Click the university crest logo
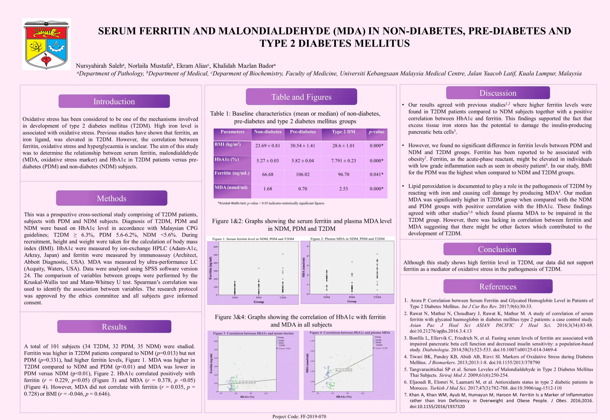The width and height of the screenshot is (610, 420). tap(46, 44)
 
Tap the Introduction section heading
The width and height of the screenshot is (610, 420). tap(114, 101)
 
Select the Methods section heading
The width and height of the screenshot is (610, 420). tap(112, 198)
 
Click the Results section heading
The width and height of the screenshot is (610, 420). tap(114, 327)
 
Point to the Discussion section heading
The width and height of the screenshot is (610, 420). tap(498, 93)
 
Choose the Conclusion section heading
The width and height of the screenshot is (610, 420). tap(497, 249)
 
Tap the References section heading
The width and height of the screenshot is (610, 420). tap(498, 286)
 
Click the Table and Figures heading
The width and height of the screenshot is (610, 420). tap(301, 97)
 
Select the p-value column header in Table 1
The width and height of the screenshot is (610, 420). tap(376, 132)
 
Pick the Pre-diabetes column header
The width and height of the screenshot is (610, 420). tap(303, 132)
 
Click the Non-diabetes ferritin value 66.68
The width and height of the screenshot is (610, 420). tap(268, 174)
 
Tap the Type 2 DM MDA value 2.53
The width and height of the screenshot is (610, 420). tap(343, 189)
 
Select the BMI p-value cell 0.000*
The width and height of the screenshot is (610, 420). tap(376, 146)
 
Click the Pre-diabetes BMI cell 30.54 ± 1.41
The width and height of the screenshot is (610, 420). tap(303, 146)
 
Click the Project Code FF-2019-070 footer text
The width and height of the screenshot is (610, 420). tap(299, 417)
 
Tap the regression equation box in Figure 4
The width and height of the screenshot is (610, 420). tap(344, 370)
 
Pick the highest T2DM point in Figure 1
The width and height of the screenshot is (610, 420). tap(283, 254)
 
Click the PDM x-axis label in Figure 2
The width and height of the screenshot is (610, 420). tap(352, 297)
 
